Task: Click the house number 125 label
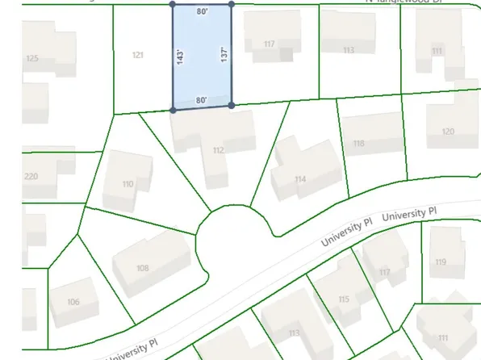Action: (x=32, y=58)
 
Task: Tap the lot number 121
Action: (x=138, y=55)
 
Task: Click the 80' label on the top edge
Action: (x=202, y=12)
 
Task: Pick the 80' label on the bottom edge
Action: (x=202, y=100)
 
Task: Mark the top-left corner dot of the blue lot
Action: (x=172, y=4)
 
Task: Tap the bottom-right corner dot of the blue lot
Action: (x=232, y=105)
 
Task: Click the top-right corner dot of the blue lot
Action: (x=232, y=4)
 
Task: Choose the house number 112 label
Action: (x=218, y=150)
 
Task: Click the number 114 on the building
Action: (x=300, y=178)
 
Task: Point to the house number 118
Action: (x=359, y=144)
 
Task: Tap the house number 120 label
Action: (x=448, y=131)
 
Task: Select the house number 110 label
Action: (x=128, y=184)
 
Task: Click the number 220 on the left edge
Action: (x=31, y=176)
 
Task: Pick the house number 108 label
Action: (x=143, y=268)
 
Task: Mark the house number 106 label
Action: (x=73, y=302)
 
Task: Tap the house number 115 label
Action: (x=344, y=299)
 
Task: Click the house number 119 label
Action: (x=441, y=262)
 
